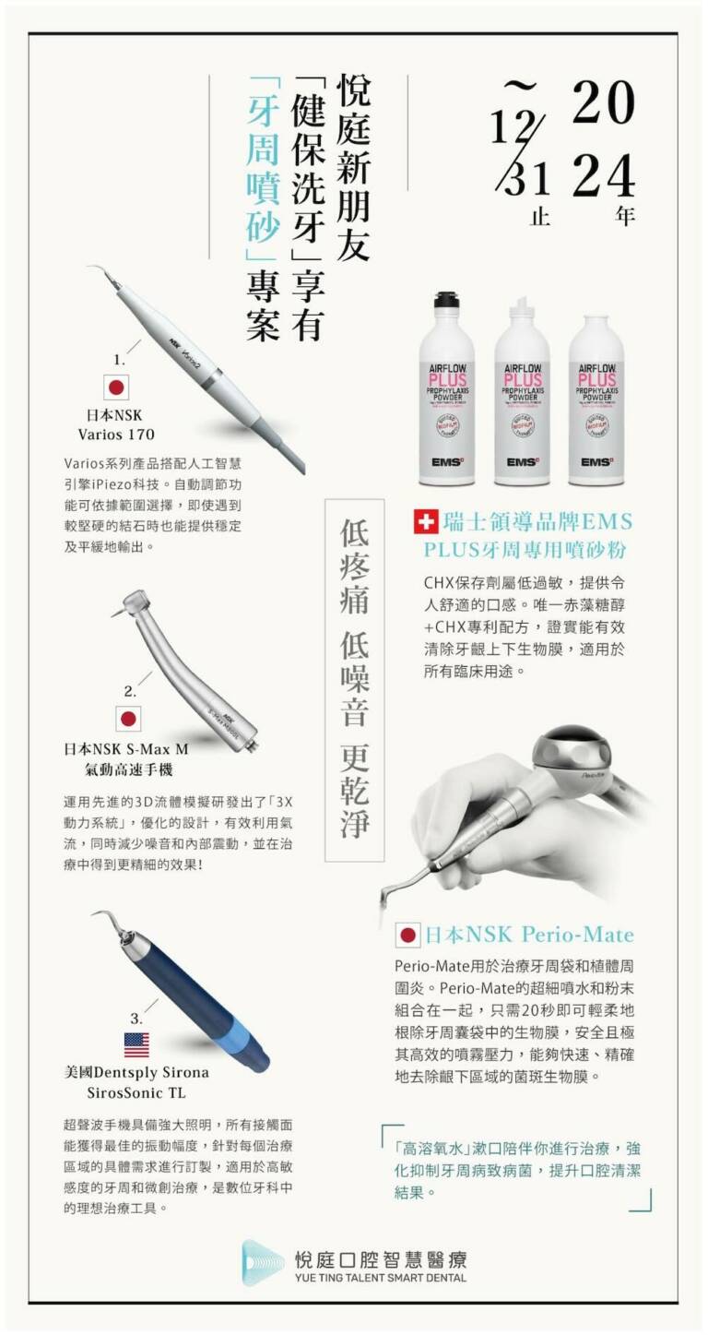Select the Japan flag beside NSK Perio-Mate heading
(407, 935)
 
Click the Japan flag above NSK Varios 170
(116, 387)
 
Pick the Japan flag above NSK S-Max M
(128, 719)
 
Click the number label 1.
(120, 361)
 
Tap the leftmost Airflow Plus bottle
(448, 387)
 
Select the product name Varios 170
(116, 435)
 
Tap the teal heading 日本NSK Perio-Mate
(529, 935)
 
